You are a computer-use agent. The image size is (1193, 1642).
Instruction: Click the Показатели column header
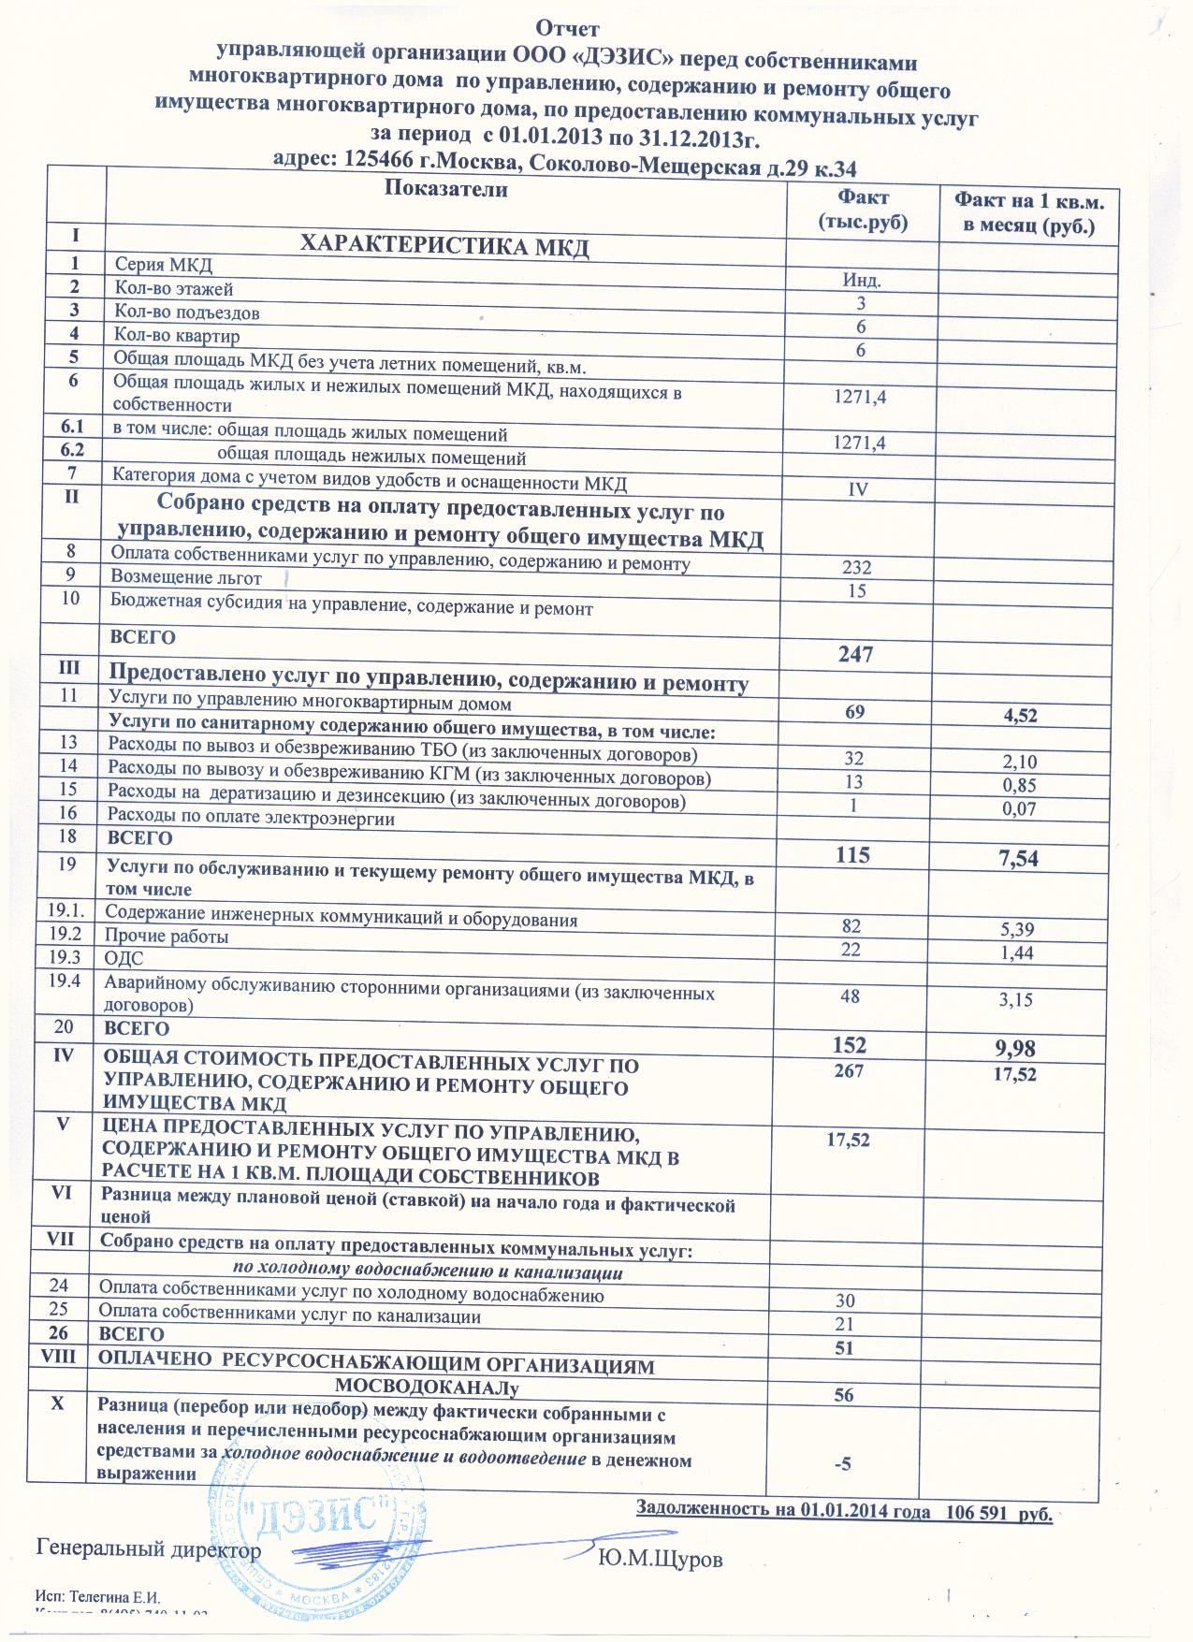tap(446, 190)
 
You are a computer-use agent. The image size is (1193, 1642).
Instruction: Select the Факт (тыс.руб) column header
tap(863, 210)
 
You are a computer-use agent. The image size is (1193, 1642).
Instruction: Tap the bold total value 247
tap(856, 654)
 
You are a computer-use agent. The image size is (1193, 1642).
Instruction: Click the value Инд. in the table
tap(862, 280)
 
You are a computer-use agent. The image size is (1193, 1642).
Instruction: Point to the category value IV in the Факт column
tap(858, 489)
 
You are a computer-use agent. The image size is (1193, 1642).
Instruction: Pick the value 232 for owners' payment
tap(856, 568)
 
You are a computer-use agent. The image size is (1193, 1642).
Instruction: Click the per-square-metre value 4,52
tap(1020, 717)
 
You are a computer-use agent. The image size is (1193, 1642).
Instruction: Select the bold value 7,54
tap(1019, 857)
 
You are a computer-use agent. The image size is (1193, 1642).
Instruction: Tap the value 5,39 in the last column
tap(1018, 929)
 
